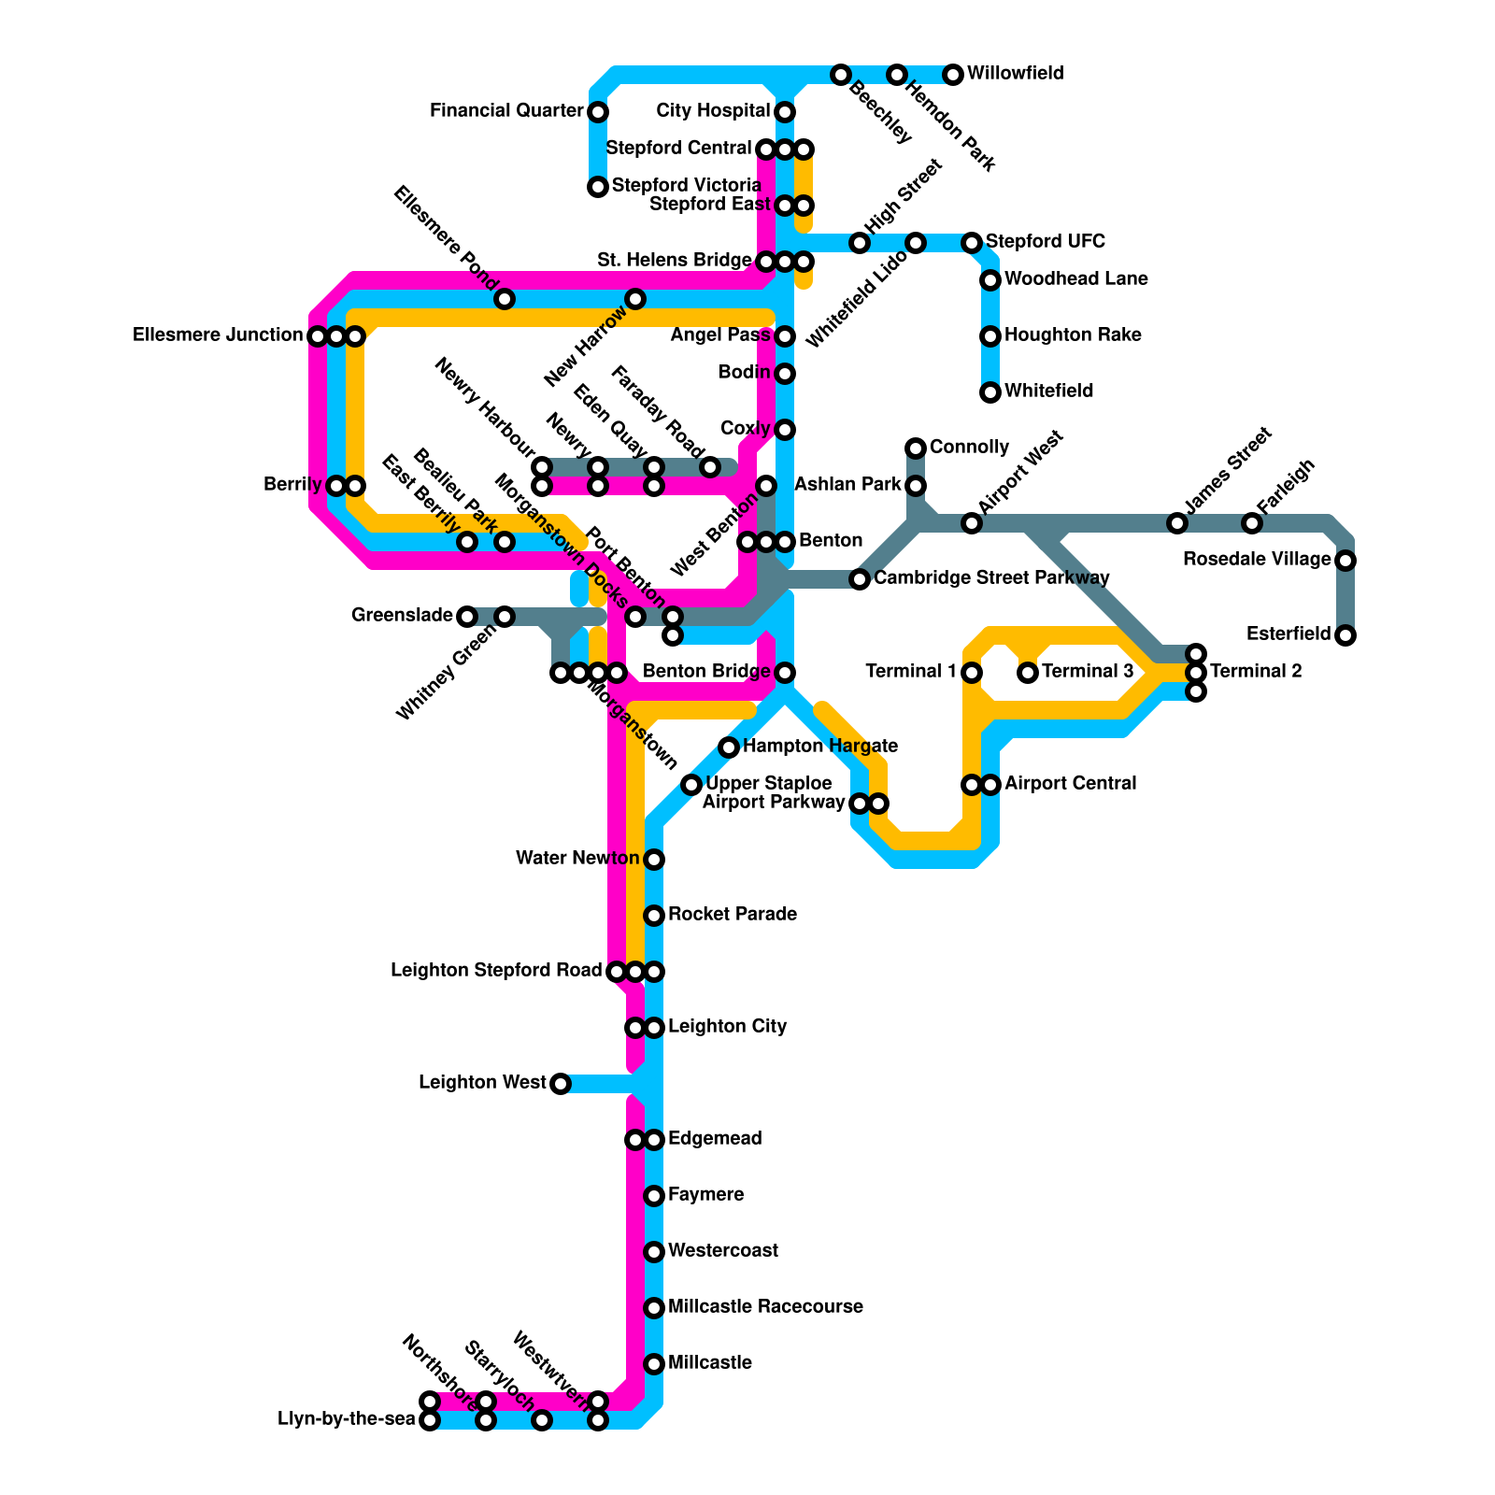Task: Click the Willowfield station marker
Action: point(953,75)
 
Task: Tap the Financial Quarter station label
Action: point(506,111)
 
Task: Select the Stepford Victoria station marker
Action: point(598,187)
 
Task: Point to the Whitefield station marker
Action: point(990,392)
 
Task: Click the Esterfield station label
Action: point(1289,634)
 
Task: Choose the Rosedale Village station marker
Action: point(1345,561)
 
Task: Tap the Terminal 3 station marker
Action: point(1028,672)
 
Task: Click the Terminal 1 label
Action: point(911,672)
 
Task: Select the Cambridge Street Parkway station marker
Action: point(860,579)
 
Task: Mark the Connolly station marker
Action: point(916,448)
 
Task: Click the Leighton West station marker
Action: point(560,1084)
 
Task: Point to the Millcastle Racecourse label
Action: point(765,1306)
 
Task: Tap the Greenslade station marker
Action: point(467,616)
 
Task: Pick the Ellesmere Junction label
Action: point(218,335)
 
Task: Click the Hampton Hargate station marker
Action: point(729,747)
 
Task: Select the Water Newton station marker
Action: point(654,859)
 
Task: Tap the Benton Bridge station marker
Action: point(785,673)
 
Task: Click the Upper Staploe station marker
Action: point(691,785)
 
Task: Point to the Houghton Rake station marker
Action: point(990,336)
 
